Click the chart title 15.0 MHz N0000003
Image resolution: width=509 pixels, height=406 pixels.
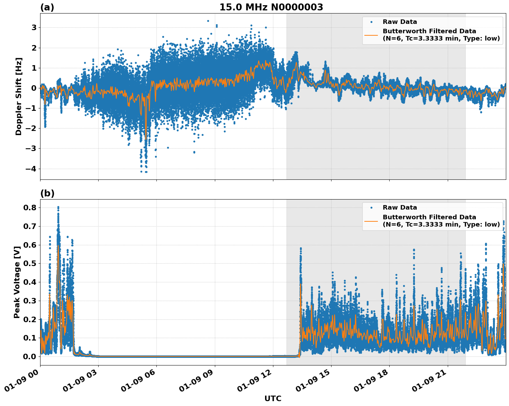[271, 7]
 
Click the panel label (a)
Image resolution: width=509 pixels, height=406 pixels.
[47, 7]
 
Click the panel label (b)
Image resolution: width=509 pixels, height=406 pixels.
[47, 193]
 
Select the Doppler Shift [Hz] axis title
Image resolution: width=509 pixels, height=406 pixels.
[19, 96]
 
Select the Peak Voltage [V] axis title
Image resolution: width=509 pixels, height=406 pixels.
[17, 282]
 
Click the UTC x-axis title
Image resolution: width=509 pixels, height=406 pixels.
[273, 398]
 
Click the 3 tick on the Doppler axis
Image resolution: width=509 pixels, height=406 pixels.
[34, 27]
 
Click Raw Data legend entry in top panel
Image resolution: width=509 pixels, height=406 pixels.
[400, 22]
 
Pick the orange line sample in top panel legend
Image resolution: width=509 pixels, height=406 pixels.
[371, 35]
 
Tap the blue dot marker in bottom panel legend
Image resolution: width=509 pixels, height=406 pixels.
[371, 208]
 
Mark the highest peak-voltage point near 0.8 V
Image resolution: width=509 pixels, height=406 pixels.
[58, 207]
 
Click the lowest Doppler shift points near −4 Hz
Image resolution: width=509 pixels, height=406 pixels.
[146, 171]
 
